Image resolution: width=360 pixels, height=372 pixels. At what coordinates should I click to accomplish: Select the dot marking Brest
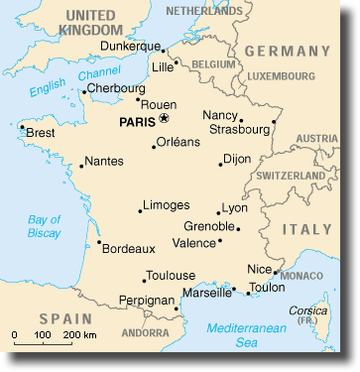(22, 126)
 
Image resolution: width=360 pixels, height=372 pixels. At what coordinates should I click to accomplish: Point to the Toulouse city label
(170, 275)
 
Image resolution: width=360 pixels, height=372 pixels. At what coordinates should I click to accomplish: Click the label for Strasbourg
(239, 129)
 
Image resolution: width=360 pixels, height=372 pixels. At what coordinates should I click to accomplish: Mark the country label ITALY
(306, 229)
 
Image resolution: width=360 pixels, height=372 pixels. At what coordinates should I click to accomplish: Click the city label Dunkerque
(131, 47)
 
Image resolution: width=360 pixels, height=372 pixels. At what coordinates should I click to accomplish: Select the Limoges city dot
(141, 210)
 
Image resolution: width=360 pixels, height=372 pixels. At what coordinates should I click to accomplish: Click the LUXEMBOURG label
(281, 75)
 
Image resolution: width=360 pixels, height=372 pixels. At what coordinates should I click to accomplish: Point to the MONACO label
(301, 275)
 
